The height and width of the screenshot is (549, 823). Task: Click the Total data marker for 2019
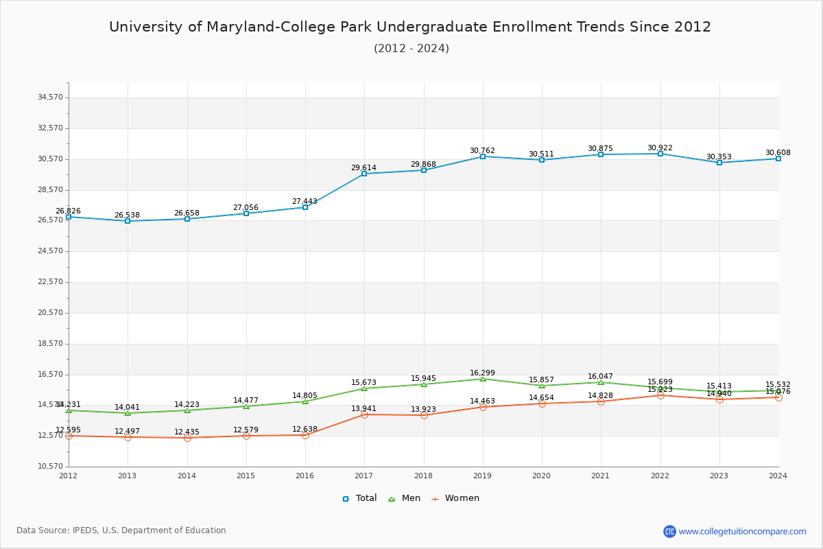[483, 156]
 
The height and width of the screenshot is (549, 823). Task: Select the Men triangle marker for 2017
[364, 388]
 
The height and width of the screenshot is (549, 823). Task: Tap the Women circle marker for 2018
[424, 415]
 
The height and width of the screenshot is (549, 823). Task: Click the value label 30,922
[660, 148]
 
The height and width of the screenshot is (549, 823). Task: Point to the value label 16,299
[482, 373]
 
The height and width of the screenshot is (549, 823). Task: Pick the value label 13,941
[363, 409]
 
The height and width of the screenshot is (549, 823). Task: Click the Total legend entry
[359, 498]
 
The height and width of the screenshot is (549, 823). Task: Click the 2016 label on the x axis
[305, 476]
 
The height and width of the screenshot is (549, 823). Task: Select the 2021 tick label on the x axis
[601, 476]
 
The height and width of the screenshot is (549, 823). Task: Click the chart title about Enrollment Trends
[410, 27]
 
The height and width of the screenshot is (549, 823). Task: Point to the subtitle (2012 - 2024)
[411, 48]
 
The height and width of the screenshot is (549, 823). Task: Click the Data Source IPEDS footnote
[121, 530]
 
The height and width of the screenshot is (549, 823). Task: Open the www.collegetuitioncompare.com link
[742, 531]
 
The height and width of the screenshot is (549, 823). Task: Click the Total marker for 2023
[719, 163]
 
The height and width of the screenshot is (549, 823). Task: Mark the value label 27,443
[305, 202]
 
